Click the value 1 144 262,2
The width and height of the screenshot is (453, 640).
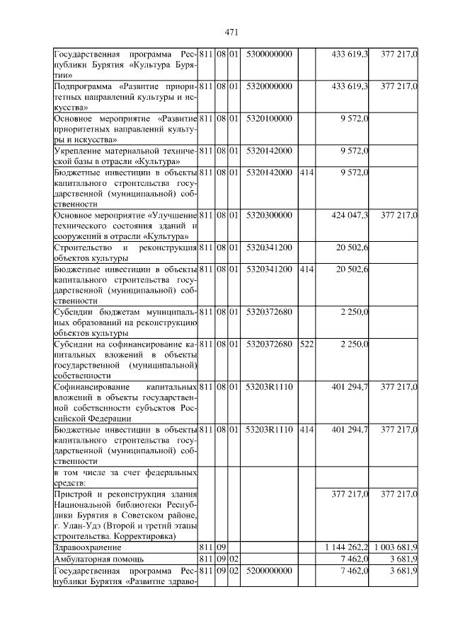pos(346,547)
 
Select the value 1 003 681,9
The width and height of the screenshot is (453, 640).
pos(395,547)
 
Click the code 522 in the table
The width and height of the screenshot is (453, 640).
pos(306,344)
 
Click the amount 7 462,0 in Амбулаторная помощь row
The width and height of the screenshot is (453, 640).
pos(354,559)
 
